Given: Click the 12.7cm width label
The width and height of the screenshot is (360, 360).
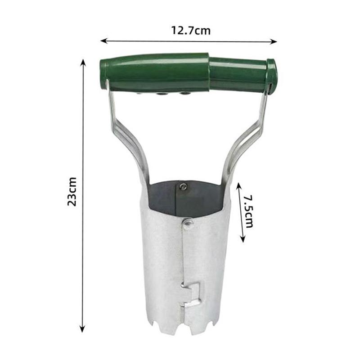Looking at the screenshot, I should pyautogui.click(x=191, y=31).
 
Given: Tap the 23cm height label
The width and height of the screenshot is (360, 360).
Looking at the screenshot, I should pyautogui.click(x=72, y=192).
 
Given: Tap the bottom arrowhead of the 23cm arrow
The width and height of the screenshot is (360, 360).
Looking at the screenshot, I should pyautogui.click(x=82, y=329).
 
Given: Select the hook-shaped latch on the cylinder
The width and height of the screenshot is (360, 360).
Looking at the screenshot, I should pyautogui.click(x=190, y=295).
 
